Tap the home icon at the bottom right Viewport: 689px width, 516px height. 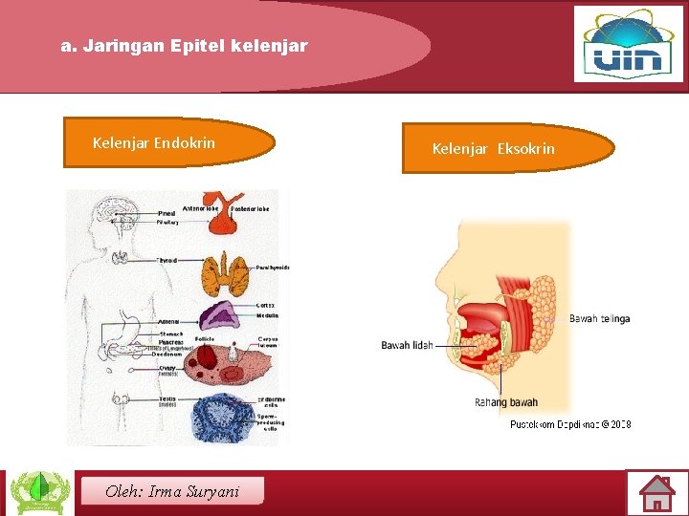click(657, 494)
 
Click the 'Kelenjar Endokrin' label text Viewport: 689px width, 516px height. click(154, 143)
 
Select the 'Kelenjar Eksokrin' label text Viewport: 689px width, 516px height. click(493, 148)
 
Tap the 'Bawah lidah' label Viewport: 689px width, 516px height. click(407, 345)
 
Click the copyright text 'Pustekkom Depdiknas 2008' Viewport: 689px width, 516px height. click(570, 423)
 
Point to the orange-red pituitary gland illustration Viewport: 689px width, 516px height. click(223, 220)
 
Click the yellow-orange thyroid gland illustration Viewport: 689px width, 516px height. click(226, 271)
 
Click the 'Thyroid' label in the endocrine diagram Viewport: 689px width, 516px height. click(167, 260)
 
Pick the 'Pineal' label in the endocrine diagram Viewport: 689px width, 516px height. click(166, 212)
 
